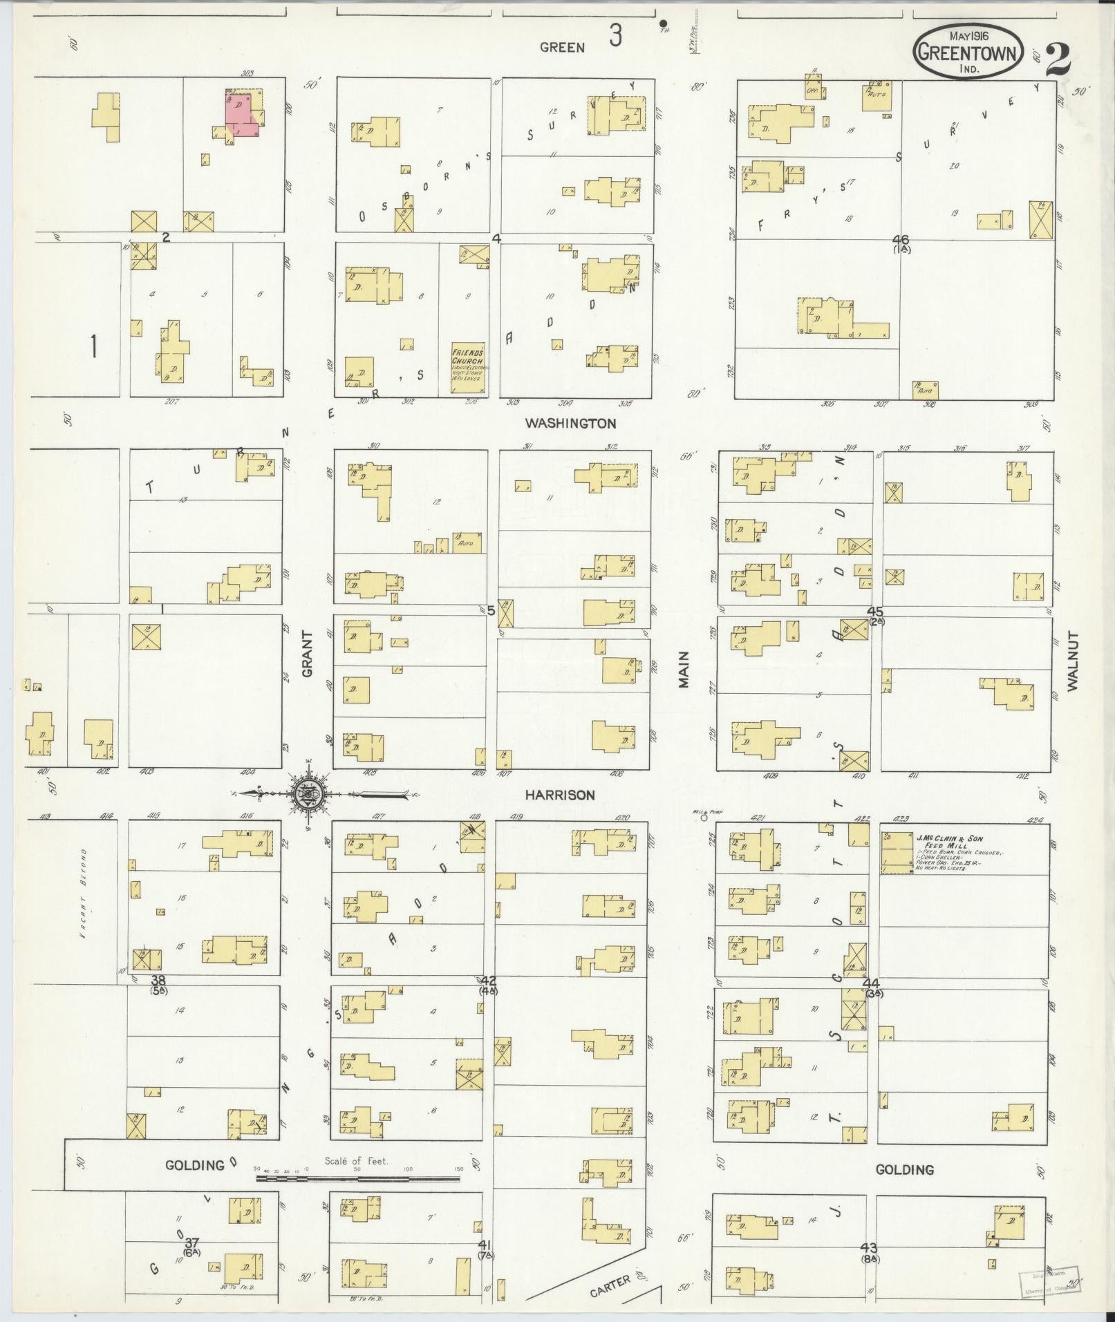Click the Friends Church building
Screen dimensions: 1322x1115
469,368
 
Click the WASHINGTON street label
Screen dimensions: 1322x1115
570,423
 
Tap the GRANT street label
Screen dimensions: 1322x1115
308,653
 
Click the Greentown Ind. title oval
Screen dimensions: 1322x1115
967,53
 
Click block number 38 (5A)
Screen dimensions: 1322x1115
158,982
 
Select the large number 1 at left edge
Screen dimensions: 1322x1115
93,346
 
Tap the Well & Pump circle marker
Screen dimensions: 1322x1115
704,817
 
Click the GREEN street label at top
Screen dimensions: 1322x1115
562,47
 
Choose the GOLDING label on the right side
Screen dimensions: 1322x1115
904,1169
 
